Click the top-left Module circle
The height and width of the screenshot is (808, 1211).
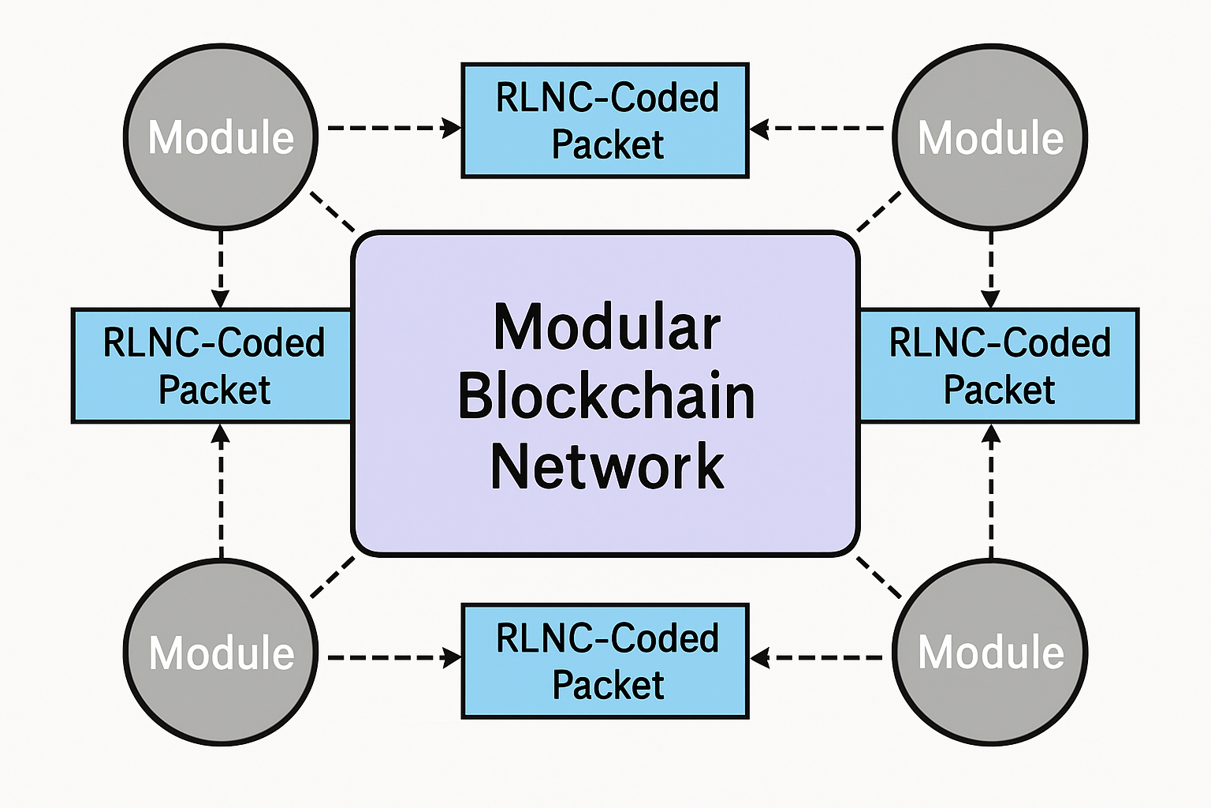tap(221, 137)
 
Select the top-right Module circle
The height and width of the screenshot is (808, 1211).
tap(990, 137)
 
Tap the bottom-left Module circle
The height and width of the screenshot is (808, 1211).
tap(221, 653)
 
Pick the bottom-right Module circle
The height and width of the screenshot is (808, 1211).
tap(990, 653)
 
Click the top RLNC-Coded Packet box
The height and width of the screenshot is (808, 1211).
tap(605, 121)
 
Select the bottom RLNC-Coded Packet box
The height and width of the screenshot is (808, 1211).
tap(605, 661)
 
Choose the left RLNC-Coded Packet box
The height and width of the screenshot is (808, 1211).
tap(213, 366)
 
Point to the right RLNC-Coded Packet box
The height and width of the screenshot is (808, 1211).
tap(999, 366)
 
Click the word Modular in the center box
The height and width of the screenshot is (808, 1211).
tap(606, 327)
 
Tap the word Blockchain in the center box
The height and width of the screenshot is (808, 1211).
tap(606, 396)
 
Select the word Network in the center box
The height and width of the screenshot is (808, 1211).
tap(606, 466)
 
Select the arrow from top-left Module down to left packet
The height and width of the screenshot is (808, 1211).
tap(221, 268)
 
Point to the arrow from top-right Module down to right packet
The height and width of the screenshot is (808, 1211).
tap(991, 268)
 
